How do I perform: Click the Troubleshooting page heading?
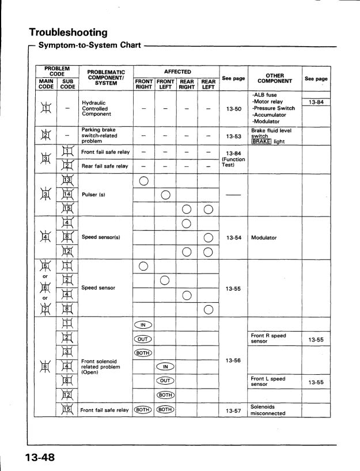tap(68, 32)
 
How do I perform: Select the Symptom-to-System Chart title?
tap(89, 45)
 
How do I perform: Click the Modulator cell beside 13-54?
tap(264, 237)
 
